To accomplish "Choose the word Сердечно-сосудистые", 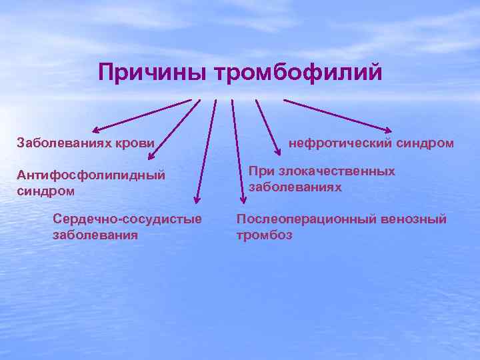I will [x=127, y=219].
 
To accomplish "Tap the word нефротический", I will [x=339, y=143].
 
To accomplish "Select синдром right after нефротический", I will [x=425, y=143].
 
